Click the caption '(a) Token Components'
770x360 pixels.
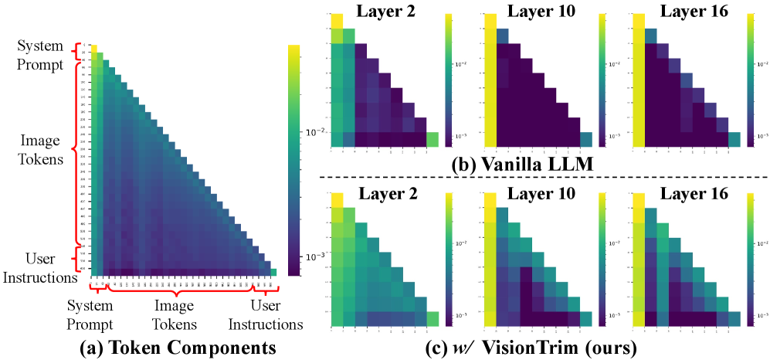pyautogui.click(x=178, y=348)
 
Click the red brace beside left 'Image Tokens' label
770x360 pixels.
pyautogui.click(x=74, y=151)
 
